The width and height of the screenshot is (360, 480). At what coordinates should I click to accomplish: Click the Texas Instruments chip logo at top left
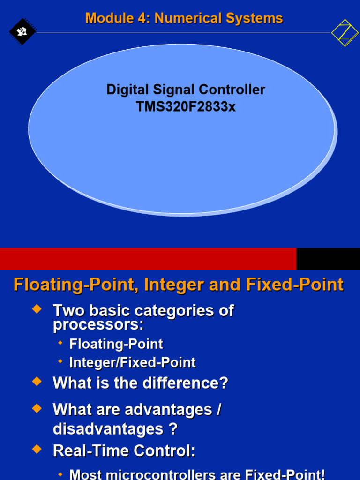click(22, 32)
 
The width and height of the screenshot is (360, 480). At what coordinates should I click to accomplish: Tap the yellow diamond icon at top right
click(345, 33)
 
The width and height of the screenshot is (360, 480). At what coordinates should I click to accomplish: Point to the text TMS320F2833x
click(186, 107)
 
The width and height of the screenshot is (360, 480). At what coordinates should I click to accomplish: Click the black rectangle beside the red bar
click(328, 259)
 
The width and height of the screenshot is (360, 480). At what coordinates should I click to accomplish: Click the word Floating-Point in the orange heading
click(75, 285)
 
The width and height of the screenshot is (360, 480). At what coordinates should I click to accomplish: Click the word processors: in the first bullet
click(98, 324)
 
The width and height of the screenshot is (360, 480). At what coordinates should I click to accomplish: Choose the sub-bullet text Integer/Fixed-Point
click(132, 362)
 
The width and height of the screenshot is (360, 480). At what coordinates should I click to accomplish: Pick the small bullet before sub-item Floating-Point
click(60, 344)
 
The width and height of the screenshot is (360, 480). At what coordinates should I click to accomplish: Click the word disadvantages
click(108, 429)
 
